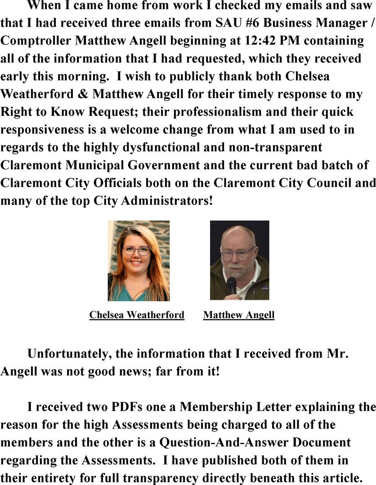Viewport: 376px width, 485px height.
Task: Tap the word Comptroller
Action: [x=36, y=41]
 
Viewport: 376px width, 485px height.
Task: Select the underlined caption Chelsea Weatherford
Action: [x=137, y=315]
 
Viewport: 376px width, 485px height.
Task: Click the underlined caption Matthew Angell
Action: [x=239, y=315]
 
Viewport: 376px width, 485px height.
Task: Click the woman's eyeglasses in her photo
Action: [x=136, y=251]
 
